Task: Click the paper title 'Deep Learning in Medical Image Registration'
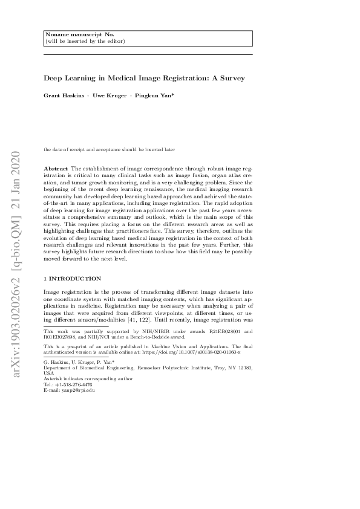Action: click(143, 78)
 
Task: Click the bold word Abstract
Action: click(56, 167)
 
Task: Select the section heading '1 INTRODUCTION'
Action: click(72, 278)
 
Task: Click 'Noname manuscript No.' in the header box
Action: click(71, 35)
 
